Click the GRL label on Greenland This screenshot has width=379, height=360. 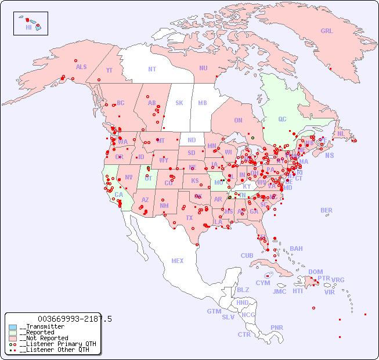[327, 31]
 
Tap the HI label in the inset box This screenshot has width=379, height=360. [28, 27]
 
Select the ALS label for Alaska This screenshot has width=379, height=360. [81, 67]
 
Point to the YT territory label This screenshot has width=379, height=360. [109, 70]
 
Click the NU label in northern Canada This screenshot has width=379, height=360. [203, 68]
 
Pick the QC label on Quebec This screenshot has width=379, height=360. [282, 119]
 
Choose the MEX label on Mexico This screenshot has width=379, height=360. [178, 261]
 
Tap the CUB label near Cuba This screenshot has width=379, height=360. [247, 255]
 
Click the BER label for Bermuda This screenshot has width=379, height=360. [327, 210]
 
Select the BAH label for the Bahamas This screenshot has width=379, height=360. [296, 249]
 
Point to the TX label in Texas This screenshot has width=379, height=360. [189, 218]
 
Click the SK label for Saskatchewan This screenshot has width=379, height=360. [179, 103]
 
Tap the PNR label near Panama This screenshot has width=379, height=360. [277, 327]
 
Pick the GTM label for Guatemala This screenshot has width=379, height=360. [214, 311]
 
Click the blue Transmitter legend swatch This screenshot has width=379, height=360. [13, 327]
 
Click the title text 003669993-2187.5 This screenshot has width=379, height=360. [74, 319]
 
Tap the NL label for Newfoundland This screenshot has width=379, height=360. [341, 133]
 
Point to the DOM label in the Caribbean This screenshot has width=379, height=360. [315, 272]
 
